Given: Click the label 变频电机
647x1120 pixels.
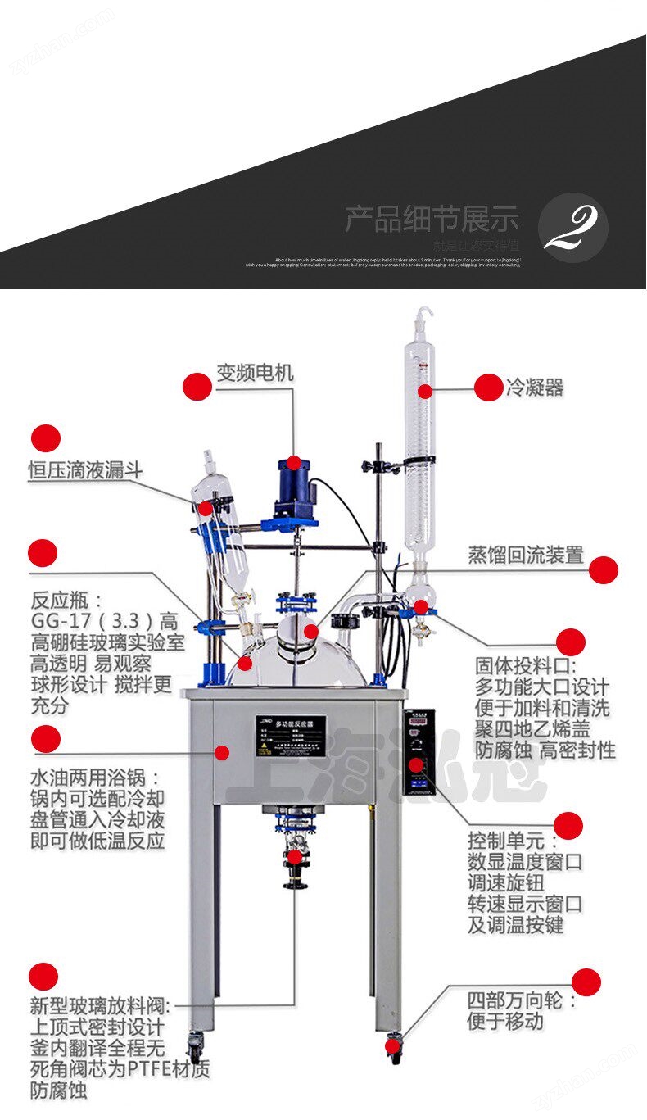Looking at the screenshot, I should click(255, 374).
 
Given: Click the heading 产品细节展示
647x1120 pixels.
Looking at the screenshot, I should click(431, 220).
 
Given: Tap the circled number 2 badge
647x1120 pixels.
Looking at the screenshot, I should click(572, 227).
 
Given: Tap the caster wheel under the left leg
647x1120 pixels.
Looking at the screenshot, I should click(196, 1046).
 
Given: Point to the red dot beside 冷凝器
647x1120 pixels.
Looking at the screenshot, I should click(488, 388).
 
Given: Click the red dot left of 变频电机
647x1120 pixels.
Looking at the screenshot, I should click(197, 387).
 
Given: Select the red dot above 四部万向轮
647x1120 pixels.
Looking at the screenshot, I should click(586, 982).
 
